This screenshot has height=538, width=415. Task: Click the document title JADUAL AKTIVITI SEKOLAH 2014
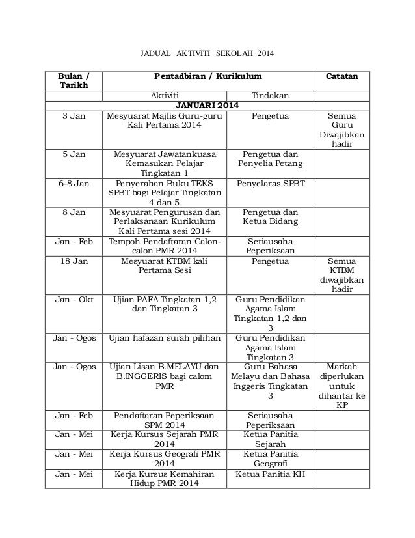[x=207, y=52]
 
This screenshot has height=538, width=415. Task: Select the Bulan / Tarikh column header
[x=73, y=81]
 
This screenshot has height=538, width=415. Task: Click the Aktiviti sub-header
[x=165, y=96]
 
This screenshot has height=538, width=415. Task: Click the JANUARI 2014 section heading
[x=207, y=106]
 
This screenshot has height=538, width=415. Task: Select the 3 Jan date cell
[x=73, y=115]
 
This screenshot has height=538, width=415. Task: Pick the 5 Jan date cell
[x=73, y=156]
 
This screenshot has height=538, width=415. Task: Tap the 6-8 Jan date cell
[x=73, y=184]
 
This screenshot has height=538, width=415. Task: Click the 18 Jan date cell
[x=73, y=262]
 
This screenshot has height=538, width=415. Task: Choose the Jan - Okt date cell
[x=73, y=300]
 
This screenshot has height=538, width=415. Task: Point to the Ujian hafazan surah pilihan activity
[x=165, y=338]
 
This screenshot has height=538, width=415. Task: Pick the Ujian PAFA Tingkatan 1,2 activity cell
[x=165, y=305]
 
